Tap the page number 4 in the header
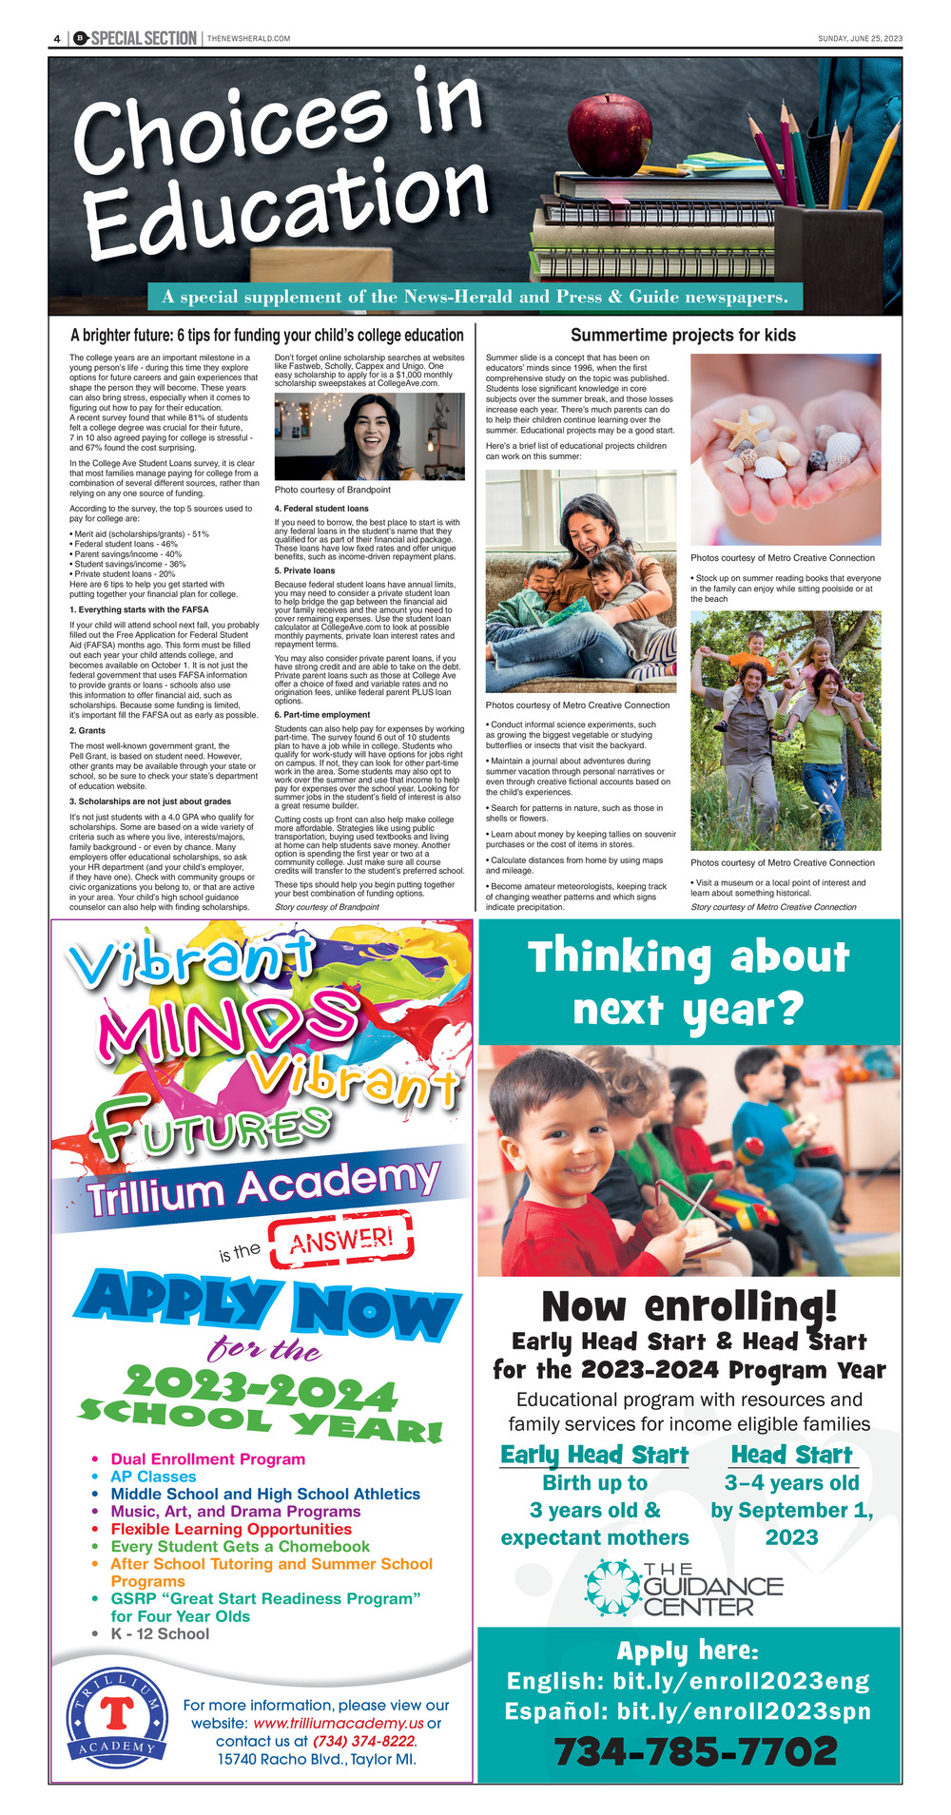pos(57,38)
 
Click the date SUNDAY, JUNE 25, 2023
pos(860,39)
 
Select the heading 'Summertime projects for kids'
pos(683,335)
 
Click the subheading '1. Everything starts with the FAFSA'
pos(139,609)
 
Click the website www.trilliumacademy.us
pos(339,1723)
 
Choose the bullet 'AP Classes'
pos(153,1477)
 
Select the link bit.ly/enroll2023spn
pos(744,1710)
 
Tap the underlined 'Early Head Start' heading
pos(594,1455)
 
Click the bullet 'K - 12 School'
pos(160,1633)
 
